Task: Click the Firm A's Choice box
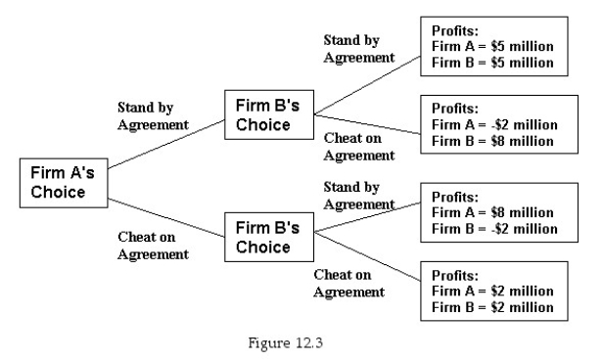point(64,183)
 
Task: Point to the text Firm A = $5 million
point(491,46)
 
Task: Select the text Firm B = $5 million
point(491,62)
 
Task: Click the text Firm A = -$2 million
point(494,124)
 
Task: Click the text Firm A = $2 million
point(491,291)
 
